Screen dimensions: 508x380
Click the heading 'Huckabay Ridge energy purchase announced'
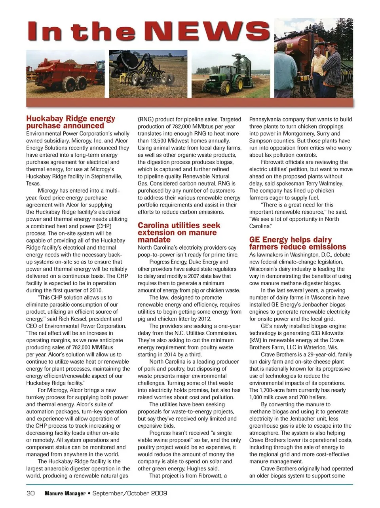point(70,122)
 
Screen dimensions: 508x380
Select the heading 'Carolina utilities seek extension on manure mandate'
point(179,232)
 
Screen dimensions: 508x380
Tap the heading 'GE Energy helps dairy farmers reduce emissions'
point(297,243)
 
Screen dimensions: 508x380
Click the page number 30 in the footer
point(30,493)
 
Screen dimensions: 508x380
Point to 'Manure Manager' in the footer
point(65,493)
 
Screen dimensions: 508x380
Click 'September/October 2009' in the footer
point(130,493)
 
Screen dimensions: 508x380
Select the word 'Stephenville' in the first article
point(105,176)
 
